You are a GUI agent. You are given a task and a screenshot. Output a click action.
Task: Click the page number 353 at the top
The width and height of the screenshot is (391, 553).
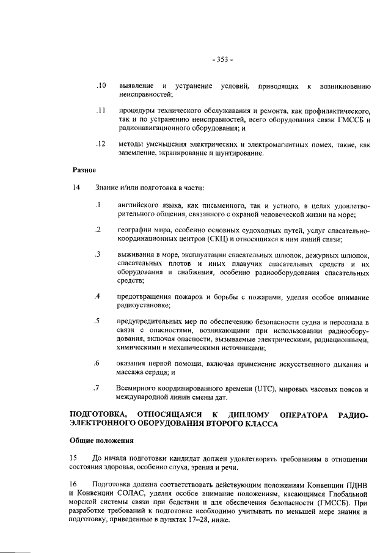(222, 59)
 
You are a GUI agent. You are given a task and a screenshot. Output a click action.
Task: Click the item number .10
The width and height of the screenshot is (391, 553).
(101, 86)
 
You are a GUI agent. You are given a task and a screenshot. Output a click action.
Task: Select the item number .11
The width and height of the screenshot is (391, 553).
(101, 111)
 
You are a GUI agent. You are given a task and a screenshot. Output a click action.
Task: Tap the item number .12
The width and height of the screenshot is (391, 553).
(101, 144)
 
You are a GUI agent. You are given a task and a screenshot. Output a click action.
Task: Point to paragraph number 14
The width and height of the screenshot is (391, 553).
(77, 187)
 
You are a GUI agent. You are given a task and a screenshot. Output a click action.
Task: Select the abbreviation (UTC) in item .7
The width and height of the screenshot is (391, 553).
(266, 388)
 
